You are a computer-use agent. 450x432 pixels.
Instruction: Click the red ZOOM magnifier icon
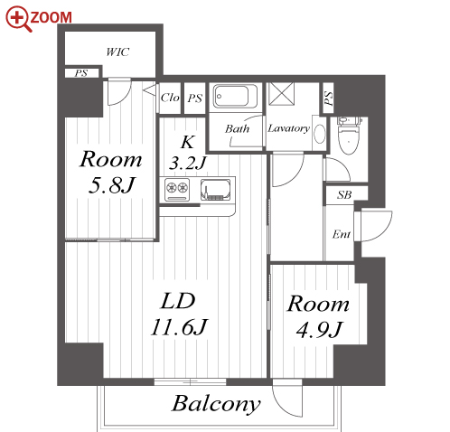18,19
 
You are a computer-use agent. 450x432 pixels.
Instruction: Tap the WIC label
117,52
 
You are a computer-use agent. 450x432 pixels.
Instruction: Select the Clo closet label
170,98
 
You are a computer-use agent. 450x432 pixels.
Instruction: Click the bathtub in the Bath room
235,97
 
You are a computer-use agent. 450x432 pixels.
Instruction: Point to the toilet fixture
349,135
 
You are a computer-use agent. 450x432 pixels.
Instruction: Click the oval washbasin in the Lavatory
319,134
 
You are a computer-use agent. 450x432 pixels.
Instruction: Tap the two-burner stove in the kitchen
177,190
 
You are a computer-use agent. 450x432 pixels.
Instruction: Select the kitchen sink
216,190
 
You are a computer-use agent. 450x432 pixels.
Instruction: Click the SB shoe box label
344,195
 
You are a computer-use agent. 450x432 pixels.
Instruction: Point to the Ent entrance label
342,234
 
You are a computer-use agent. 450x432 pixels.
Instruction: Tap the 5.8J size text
111,184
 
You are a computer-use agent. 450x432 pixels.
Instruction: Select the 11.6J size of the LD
179,327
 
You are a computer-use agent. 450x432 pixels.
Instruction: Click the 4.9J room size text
319,329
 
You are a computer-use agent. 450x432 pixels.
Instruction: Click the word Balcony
216,404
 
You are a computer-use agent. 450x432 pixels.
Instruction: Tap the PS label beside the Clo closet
195,99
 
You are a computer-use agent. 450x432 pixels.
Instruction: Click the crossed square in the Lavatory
281,94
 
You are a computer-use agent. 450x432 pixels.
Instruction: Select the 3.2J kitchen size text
187,163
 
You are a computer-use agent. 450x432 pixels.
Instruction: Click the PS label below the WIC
81,73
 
